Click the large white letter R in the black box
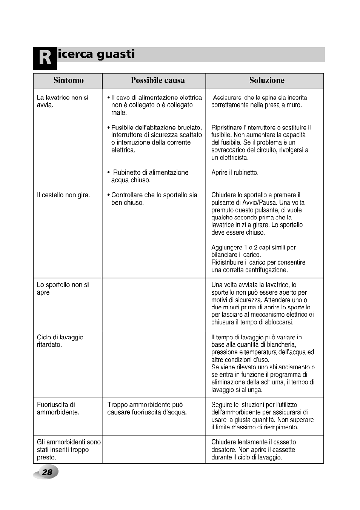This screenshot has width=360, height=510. coord(45,58)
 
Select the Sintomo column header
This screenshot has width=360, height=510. coord(68,80)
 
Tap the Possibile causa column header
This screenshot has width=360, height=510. coord(158,80)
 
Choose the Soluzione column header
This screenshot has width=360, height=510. coord(266,80)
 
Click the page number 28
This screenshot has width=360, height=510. coord(47,472)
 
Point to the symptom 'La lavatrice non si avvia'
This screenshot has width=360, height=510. coord(62,101)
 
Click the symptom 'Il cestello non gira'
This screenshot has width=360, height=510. coord(63,195)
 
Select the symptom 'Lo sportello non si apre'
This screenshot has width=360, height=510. coord(63,289)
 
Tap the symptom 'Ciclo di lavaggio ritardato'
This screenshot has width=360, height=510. coord(60,341)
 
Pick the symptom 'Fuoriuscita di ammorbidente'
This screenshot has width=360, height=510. coord(58,408)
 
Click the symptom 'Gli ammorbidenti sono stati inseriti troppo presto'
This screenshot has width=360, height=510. coord(68,449)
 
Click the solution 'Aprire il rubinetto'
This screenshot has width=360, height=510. coord(235,173)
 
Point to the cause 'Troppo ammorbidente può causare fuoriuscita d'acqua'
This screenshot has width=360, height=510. coord(147,408)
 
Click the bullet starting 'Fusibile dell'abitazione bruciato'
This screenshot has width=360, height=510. coord(156,138)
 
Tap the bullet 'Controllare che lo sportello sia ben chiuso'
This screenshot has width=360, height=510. coord(154,199)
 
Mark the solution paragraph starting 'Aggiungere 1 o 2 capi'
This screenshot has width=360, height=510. coord(258,258)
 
